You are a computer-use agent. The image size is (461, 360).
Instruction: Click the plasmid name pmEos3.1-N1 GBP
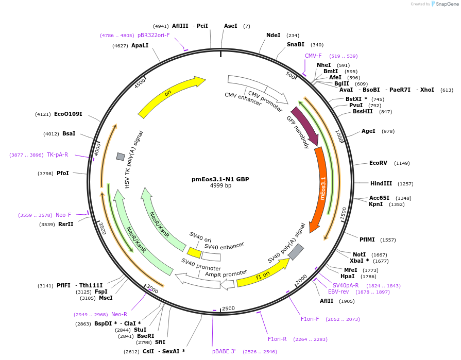pyautogui.click(x=220, y=179)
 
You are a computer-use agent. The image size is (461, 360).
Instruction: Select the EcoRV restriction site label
pyautogui.click(x=378, y=163)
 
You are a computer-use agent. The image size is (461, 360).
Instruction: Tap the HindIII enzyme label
pyautogui.click(x=381, y=183)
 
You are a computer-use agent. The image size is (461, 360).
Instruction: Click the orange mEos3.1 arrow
pyautogui.click(x=321, y=188)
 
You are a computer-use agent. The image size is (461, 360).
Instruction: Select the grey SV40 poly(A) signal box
pyautogui.click(x=296, y=252)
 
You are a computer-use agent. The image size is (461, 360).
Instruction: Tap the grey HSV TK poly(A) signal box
pyautogui.click(x=121, y=157)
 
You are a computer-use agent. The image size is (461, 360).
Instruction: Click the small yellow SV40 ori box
pyautogui.click(x=194, y=252)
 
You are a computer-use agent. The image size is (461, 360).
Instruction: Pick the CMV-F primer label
pyautogui.click(x=313, y=56)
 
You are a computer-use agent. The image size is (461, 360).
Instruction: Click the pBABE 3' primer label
pyautogui.click(x=224, y=351)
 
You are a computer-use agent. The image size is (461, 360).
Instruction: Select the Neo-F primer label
pyautogui.click(x=63, y=215)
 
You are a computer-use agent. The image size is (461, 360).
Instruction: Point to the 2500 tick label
pyautogui.click(x=228, y=308)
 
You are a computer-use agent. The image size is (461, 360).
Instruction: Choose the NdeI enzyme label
pyautogui.click(x=273, y=35)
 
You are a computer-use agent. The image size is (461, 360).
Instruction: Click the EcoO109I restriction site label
pyautogui.click(x=68, y=114)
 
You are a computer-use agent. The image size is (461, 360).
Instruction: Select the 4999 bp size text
pyautogui.click(x=220, y=186)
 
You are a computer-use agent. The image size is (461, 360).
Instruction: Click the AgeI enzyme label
pyautogui.click(x=368, y=131)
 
